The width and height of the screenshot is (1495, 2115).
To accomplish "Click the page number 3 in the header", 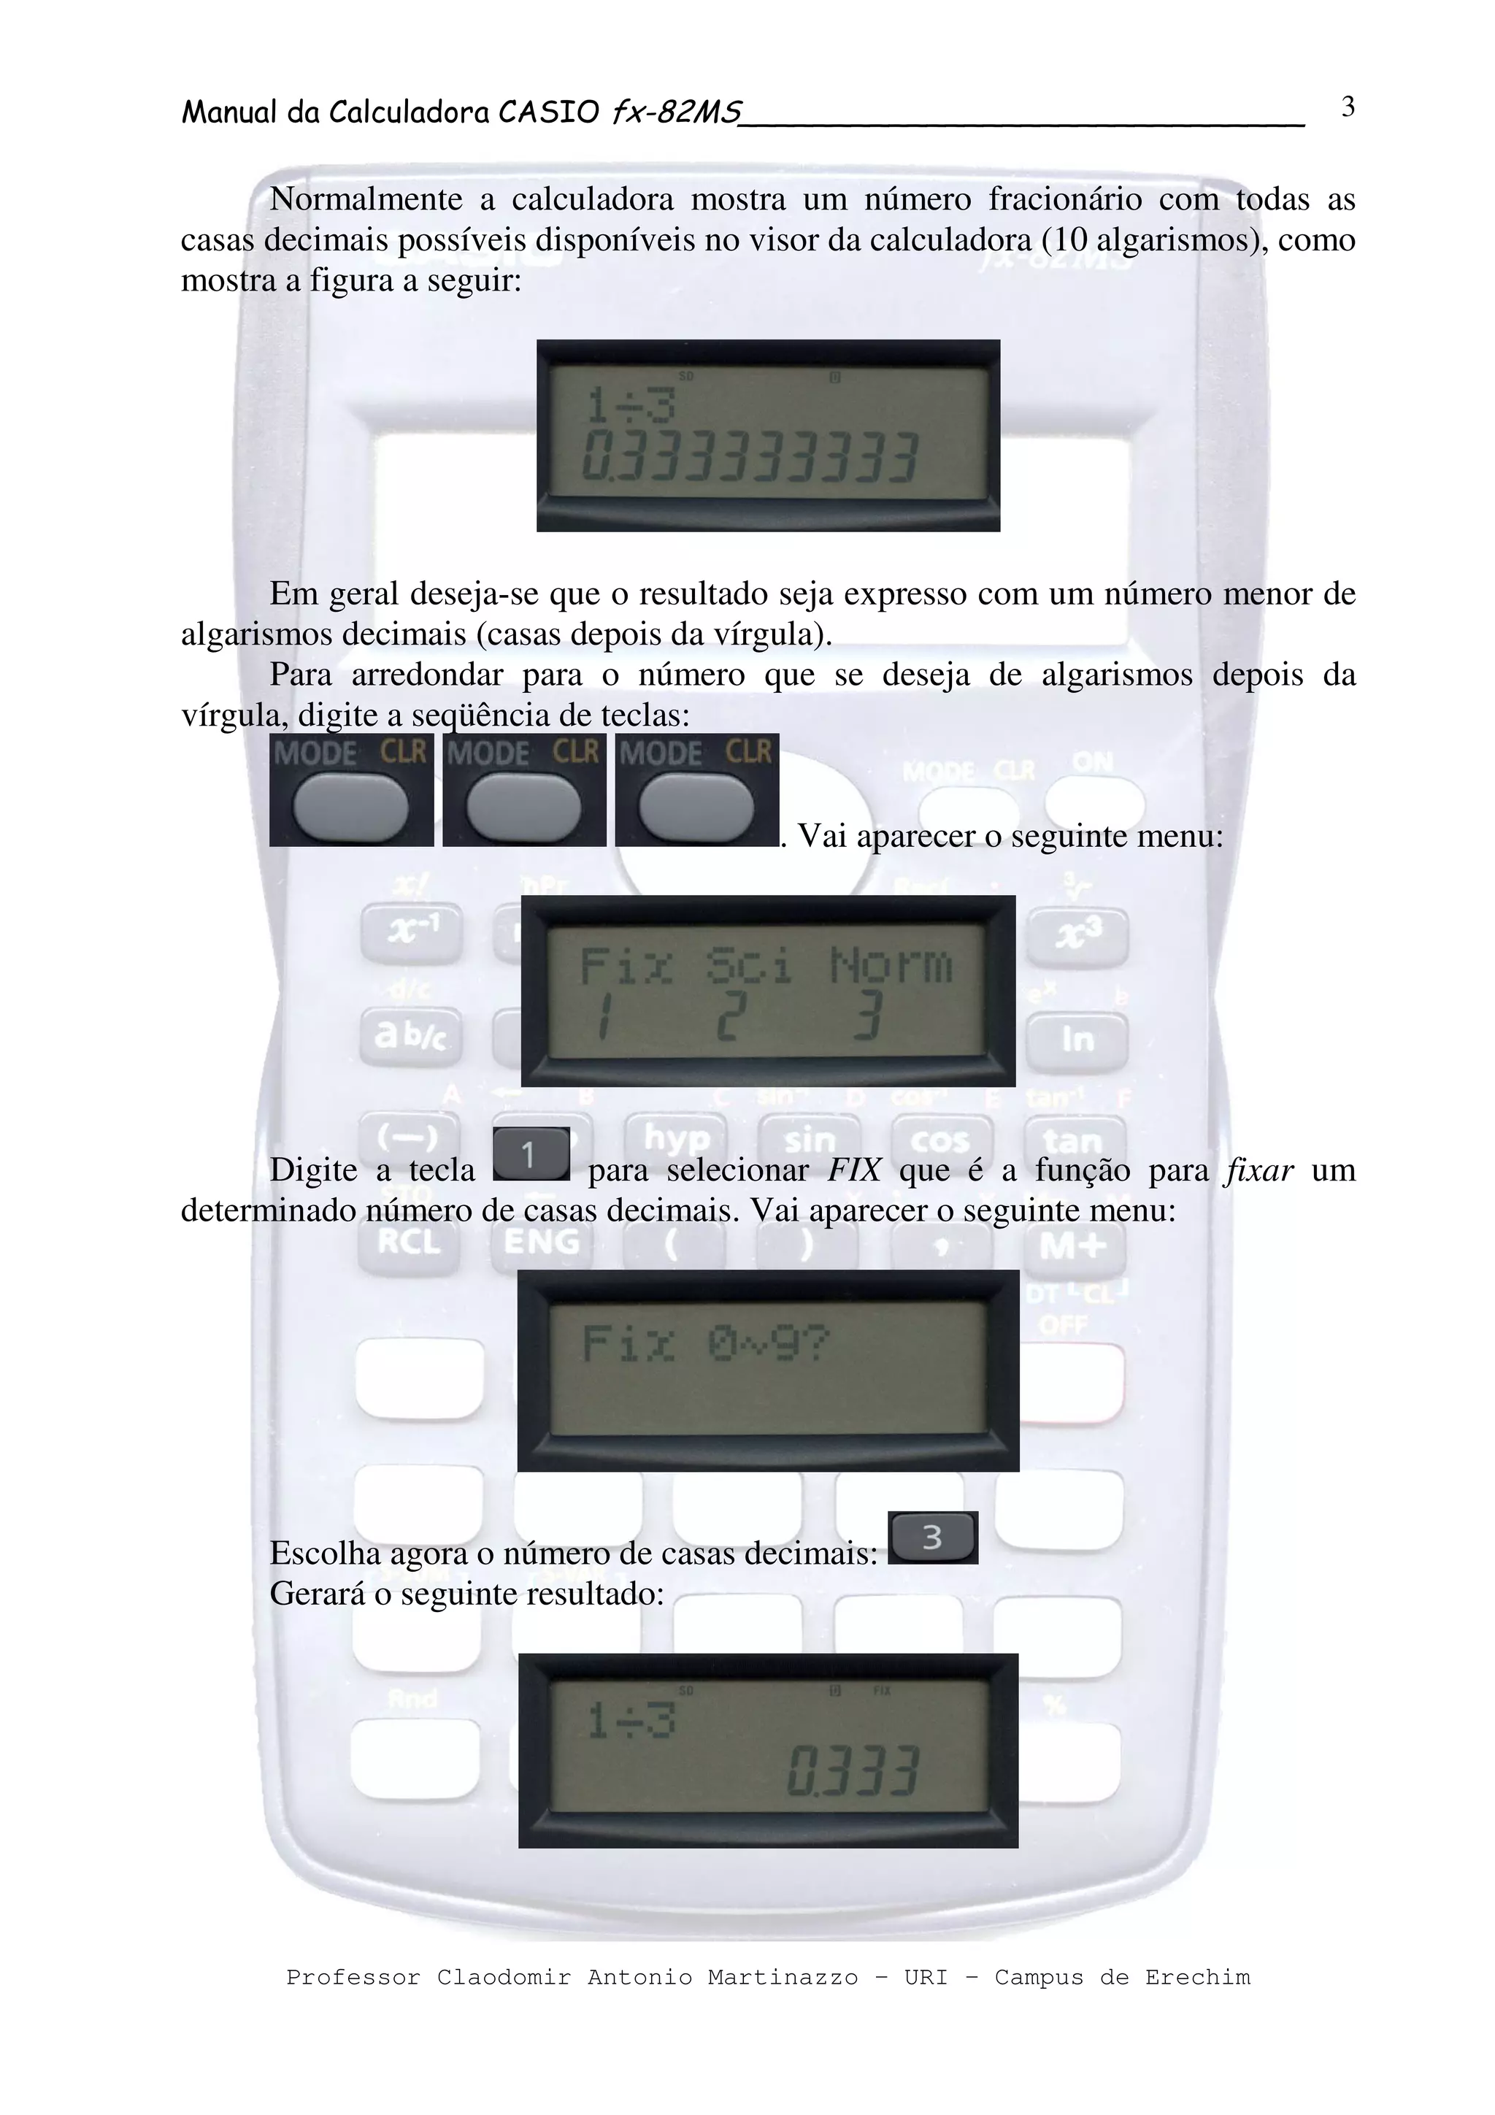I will tap(1348, 108).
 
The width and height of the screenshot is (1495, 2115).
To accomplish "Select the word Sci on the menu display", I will tap(749, 965).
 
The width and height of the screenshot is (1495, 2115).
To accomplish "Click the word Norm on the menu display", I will tap(890, 965).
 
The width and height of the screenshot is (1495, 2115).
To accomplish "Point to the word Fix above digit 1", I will tap(626, 965).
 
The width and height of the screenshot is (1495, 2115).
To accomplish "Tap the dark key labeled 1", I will tap(531, 1154).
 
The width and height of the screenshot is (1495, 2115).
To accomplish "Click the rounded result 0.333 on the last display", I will tap(852, 1770).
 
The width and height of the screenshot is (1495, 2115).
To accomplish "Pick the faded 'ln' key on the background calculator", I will tap(1077, 1039).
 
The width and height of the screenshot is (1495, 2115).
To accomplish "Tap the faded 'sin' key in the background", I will tap(809, 1140).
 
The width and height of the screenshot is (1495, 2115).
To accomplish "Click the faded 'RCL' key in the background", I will tap(409, 1241).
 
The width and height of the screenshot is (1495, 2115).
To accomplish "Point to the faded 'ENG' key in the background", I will tap(542, 1241).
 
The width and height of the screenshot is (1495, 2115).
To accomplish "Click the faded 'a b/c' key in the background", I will tap(410, 1035).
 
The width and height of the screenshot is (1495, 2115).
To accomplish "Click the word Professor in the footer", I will tap(352, 1977).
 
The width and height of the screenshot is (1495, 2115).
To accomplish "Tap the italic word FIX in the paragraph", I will tap(854, 1169).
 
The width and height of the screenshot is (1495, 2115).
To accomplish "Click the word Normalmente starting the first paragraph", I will tap(366, 199).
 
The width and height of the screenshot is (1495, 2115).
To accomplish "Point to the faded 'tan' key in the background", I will tap(1073, 1143).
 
